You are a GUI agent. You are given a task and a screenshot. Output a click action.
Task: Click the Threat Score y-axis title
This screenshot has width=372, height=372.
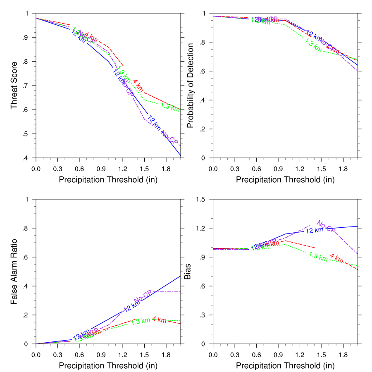[14, 86]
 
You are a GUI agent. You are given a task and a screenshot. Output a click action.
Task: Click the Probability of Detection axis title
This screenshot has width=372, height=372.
[191, 86]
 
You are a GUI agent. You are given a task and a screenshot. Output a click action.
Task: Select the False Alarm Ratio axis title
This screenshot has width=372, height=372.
[14, 272]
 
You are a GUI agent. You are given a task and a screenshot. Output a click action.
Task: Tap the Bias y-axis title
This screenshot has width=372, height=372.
[188, 272]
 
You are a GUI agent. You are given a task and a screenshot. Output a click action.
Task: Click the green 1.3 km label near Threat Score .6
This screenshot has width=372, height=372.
[170, 107]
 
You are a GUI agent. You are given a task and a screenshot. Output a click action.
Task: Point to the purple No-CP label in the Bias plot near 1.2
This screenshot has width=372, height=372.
[326, 226]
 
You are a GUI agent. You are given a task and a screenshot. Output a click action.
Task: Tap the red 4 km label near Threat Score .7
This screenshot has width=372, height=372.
[138, 84]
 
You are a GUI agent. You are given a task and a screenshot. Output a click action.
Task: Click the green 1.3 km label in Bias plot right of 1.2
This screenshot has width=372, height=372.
[318, 256]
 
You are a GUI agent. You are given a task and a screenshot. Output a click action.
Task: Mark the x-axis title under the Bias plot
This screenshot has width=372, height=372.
[285, 366]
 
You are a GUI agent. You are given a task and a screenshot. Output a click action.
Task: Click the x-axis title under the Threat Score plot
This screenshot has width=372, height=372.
[108, 180]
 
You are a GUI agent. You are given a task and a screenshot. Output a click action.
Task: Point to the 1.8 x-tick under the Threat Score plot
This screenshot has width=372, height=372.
[166, 169]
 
